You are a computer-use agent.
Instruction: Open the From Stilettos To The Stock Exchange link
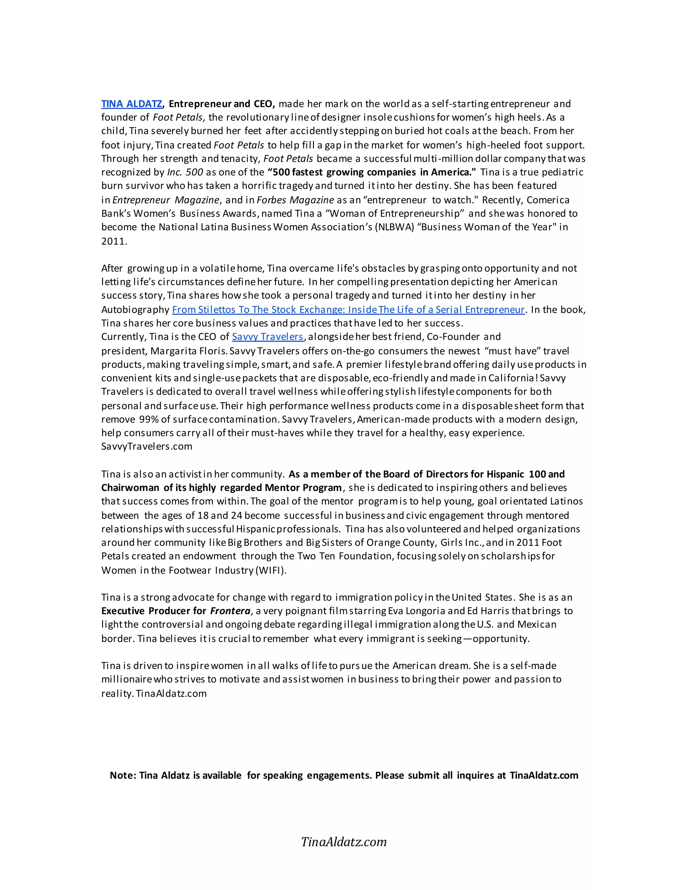pos(348,310)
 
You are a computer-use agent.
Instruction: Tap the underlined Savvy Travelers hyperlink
pos(267,337)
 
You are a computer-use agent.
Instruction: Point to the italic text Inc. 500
pos(185,172)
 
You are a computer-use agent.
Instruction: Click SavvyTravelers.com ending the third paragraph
pos(147,446)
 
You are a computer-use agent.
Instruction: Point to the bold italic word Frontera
pos(230,611)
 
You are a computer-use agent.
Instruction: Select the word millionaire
pos(127,679)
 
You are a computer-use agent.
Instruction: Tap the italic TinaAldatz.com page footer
pos(344,842)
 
